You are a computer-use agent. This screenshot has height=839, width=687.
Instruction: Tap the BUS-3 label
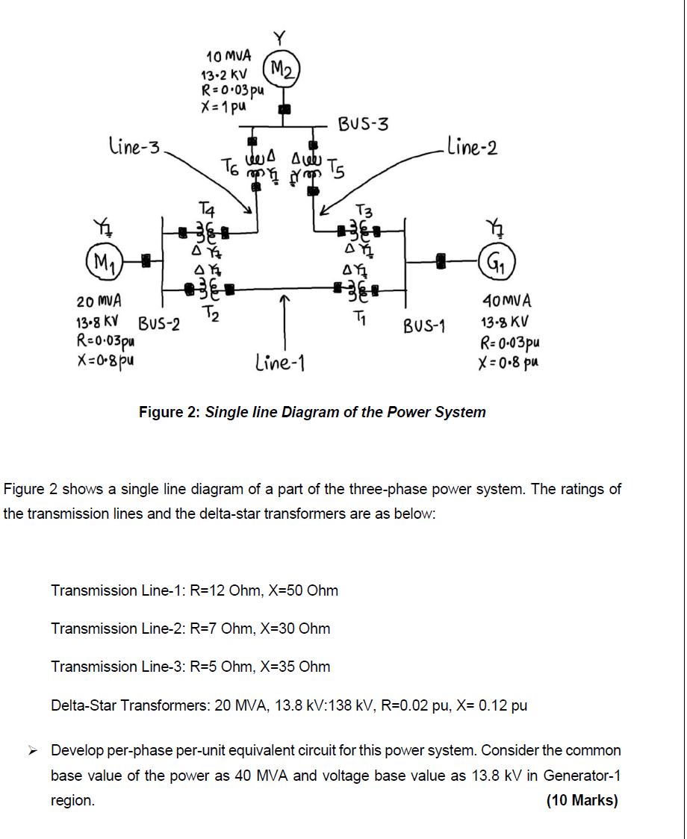(x=363, y=123)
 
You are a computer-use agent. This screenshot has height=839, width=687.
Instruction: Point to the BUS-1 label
(x=424, y=326)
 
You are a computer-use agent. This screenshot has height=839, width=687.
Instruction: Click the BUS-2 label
(x=159, y=325)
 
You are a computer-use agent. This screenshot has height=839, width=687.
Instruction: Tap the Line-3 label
(x=134, y=147)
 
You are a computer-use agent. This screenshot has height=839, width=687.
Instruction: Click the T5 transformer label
(x=338, y=173)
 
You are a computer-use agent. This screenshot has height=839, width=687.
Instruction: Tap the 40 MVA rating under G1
(x=508, y=302)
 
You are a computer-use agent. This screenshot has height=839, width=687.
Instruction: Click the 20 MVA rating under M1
(x=99, y=302)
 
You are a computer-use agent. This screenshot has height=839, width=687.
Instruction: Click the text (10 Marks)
(x=582, y=800)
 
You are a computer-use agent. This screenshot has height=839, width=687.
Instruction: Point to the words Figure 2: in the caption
(x=170, y=412)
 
